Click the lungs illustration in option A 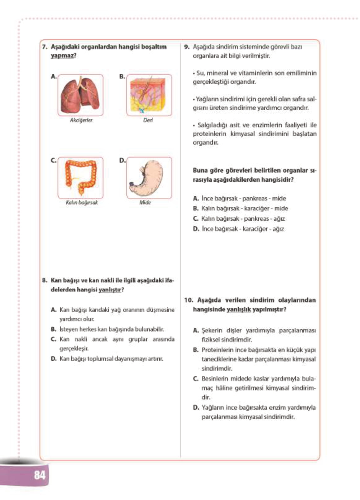tap(80, 95)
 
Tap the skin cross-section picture tap(149, 95)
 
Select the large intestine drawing tap(80, 178)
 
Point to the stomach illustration tap(149, 178)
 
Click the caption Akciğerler tap(81, 120)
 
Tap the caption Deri tap(148, 120)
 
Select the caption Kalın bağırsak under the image tap(82, 203)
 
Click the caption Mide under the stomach tap(145, 203)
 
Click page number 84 tap(40, 475)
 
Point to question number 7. tap(44, 47)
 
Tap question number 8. tap(44, 281)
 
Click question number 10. tap(188, 300)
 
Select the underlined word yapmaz tap(63, 56)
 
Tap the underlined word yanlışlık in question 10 tap(238, 309)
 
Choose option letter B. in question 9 tap(196, 209)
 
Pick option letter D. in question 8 tap(54, 359)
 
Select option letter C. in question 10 tap(196, 379)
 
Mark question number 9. tap(187, 47)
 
